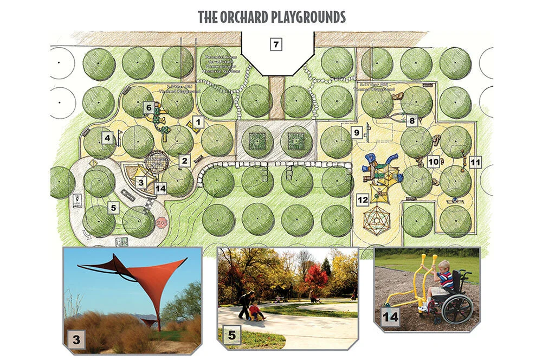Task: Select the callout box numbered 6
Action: tap(148, 108)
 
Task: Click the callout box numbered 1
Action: tap(198, 122)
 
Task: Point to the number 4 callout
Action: tap(107, 138)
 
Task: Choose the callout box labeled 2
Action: tap(184, 160)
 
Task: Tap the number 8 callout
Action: tap(412, 121)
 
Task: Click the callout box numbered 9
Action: tap(356, 132)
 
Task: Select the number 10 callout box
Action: tap(433, 161)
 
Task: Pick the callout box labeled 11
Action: tap(475, 162)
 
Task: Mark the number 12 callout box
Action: tap(362, 200)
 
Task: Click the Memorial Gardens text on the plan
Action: tap(219, 70)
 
